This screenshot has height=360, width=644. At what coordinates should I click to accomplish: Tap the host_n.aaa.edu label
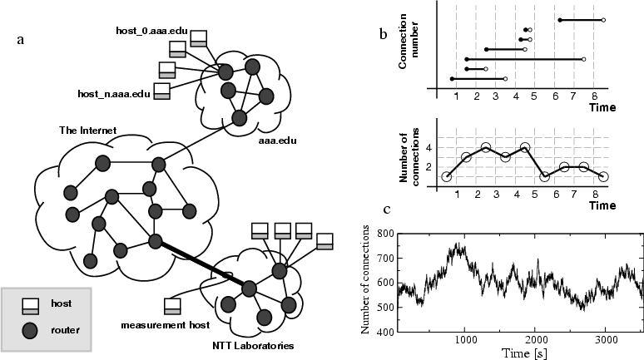tap(113, 93)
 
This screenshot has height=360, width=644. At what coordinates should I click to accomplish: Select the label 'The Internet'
tap(87, 131)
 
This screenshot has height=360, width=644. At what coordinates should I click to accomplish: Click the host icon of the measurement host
tap(173, 306)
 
